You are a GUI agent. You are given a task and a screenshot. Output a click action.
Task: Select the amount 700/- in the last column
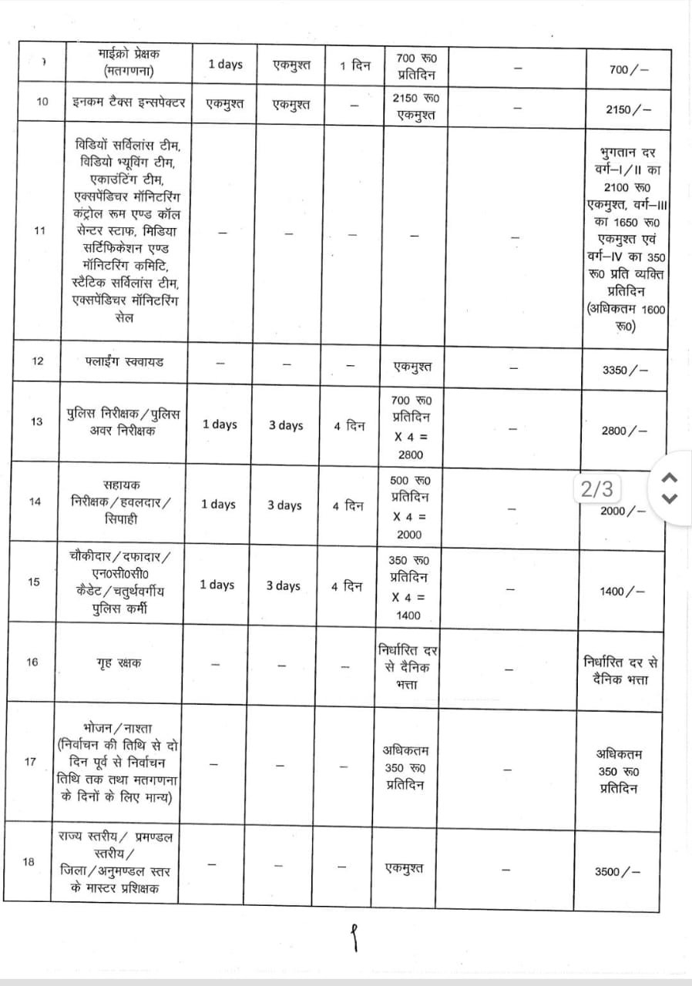[x=628, y=69]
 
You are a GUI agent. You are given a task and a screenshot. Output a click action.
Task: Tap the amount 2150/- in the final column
[x=628, y=109]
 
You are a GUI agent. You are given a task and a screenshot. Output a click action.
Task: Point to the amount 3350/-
[x=625, y=369]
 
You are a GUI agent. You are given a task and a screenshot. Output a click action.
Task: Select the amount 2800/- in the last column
[x=625, y=431]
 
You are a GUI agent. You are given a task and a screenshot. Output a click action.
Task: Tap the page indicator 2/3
[x=597, y=488]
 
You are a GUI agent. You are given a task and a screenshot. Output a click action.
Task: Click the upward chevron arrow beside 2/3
[x=670, y=476]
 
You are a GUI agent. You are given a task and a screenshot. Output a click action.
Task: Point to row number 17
[x=31, y=762]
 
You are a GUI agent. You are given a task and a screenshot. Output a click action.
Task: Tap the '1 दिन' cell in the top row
[x=355, y=65]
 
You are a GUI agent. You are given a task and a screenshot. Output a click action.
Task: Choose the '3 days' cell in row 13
[x=285, y=425]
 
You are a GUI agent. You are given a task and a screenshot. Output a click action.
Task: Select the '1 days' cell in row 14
[x=219, y=505]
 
